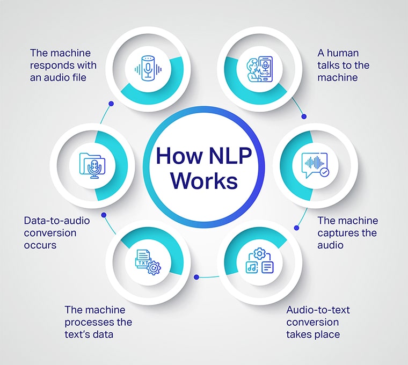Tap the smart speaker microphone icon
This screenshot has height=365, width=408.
[147, 67]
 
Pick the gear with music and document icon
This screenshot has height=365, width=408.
[260, 261]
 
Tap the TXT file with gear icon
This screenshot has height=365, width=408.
[147, 261]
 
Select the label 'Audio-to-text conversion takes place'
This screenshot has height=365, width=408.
[313, 323]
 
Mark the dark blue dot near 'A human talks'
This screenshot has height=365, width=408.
[304, 116]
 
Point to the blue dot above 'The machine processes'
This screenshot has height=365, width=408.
[196, 277]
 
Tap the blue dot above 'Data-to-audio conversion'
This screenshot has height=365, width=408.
[104, 215]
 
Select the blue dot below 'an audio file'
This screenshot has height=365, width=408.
[111, 104]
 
